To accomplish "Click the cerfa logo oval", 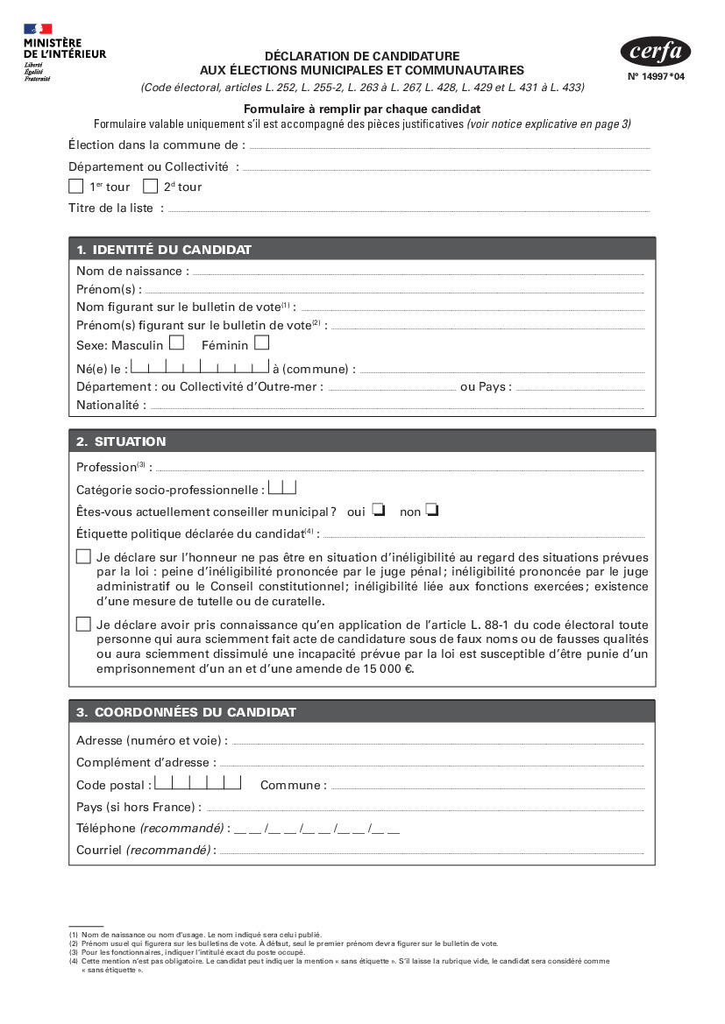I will click(x=655, y=52).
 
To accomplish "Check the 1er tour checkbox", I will click(x=76, y=186).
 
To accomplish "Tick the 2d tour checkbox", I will click(x=151, y=186).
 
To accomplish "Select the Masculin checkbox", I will click(x=177, y=343).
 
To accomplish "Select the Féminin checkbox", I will click(x=261, y=343).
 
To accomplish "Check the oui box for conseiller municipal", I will click(x=379, y=510).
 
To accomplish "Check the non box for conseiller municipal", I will click(x=432, y=510).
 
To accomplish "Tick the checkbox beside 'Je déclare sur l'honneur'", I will click(x=83, y=556).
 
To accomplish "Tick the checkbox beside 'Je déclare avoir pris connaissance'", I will click(x=83, y=624).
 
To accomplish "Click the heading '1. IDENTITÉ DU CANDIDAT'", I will click(x=164, y=250).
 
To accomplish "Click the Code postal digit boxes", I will click(x=198, y=782).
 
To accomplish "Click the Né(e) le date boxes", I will click(x=201, y=367).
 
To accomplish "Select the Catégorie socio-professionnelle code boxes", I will click(x=282, y=487).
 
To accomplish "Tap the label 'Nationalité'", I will click(x=108, y=406).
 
